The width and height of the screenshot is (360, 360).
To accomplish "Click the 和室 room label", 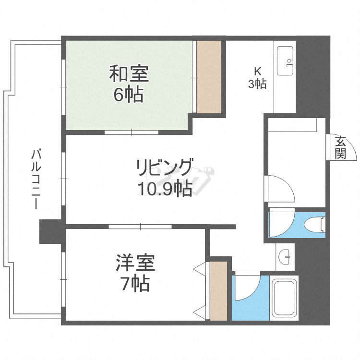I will pos(129,74).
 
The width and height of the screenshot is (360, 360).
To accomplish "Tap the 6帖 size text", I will pos(128,95).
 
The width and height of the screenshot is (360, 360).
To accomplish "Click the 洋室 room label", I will pos(135,264).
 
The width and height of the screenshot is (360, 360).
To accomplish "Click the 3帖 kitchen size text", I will pos(257,84).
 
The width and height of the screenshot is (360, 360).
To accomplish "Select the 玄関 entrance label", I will pos(340,147).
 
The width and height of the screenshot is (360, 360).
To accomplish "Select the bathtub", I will pos(285,298).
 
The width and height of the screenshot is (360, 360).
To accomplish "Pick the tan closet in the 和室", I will pos(209,77).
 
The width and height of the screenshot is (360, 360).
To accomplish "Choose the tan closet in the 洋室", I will pos(218,291).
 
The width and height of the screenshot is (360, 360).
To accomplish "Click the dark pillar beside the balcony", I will pos(51,231).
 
